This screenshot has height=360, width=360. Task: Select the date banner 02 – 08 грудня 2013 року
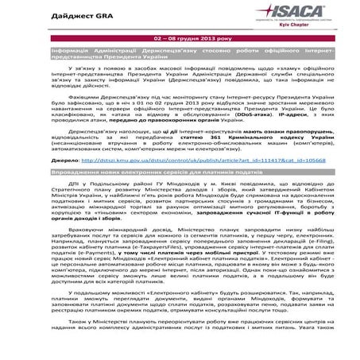tap(180, 38)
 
